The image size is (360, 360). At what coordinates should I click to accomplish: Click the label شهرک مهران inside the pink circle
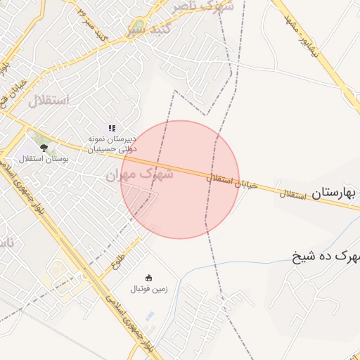[x=139, y=172]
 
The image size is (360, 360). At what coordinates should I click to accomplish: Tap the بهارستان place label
[x=334, y=193]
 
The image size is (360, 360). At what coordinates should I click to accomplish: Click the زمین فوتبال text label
[x=148, y=289]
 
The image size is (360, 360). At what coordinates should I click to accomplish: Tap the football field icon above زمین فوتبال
[x=148, y=277]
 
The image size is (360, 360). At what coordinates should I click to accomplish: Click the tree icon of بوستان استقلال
[x=44, y=148]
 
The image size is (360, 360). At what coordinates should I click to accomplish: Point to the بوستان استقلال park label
[x=44, y=160]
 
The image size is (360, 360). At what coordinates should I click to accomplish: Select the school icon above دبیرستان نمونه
[x=111, y=128]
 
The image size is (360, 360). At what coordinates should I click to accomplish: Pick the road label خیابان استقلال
[x=232, y=182]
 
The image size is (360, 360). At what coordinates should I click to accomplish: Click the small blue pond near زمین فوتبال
[x=148, y=316]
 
